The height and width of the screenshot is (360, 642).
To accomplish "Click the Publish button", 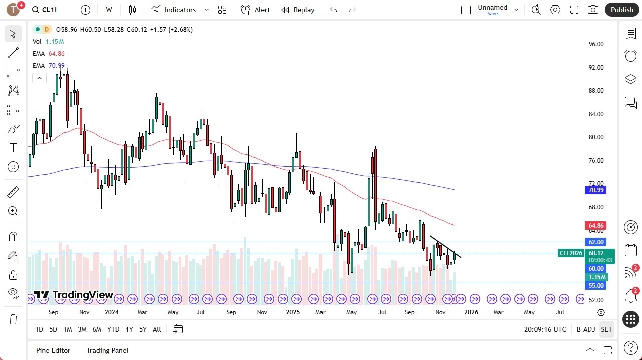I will (x=622, y=10).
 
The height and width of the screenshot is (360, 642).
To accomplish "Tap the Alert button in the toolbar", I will (x=255, y=10).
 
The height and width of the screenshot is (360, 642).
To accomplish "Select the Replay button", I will (x=298, y=10).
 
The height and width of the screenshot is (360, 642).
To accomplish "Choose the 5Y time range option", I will (x=143, y=329).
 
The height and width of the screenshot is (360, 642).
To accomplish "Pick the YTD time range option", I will (x=113, y=329).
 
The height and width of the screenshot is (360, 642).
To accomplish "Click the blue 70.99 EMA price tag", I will (x=596, y=190).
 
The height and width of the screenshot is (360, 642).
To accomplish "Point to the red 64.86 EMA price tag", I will (x=596, y=226).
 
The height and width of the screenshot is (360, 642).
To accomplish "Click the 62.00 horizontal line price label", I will (x=596, y=242).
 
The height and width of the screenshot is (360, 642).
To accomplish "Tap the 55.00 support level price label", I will (x=596, y=286).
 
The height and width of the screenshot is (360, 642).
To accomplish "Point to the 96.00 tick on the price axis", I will (x=596, y=44).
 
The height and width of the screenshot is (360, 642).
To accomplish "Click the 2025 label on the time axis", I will (x=293, y=312).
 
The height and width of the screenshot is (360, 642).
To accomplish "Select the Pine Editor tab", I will (x=53, y=350).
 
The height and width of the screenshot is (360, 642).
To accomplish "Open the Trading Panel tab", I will (x=107, y=350).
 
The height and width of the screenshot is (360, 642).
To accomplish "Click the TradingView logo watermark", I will (x=74, y=295).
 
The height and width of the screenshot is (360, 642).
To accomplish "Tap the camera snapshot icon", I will (x=593, y=10).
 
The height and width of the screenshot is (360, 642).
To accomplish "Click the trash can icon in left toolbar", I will (x=13, y=319).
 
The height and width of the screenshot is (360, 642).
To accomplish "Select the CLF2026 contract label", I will (x=571, y=253).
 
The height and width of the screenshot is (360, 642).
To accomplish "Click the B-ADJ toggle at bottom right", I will (x=585, y=329).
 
